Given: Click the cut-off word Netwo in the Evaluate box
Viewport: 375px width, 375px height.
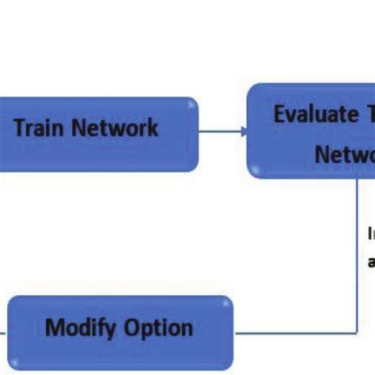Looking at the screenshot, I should click(x=344, y=154).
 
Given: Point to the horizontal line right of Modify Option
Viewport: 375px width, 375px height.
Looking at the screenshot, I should click(x=293, y=331).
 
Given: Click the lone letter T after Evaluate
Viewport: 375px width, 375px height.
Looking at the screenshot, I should click(x=369, y=114).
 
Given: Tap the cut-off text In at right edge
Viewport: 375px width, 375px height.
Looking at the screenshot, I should click(x=370, y=234).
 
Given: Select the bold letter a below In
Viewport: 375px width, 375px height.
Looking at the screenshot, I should click(x=371, y=261).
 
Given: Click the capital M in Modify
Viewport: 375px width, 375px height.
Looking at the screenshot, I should click(x=55, y=328).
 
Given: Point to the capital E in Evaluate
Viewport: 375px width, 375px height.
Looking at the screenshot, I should click(x=280, y=114).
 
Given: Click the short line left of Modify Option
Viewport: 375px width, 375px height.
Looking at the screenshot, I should click(x=3, y=331).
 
